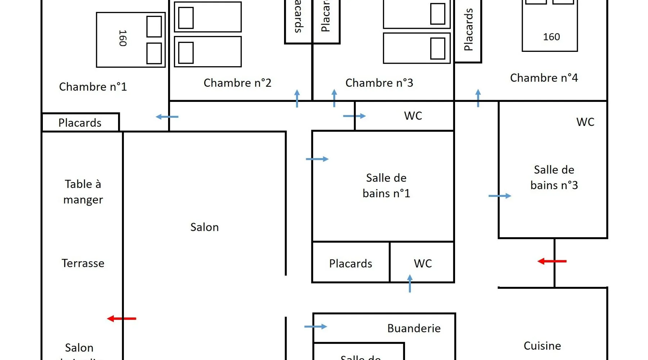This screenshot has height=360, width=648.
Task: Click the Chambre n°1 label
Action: [93, 87]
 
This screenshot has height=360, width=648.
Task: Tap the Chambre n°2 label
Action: [237, 83]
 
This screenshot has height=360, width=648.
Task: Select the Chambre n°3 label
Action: [379, 83]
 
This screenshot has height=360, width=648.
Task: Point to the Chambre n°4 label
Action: [544, 78]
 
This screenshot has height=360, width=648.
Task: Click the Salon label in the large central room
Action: [204, 227]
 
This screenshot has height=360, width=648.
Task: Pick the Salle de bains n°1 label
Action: [386, 186]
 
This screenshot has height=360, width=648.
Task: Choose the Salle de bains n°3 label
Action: [554, 177]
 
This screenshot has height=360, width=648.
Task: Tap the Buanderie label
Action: [414, 328]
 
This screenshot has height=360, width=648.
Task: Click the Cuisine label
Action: [542, 346]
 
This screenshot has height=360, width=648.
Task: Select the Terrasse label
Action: [83, 263]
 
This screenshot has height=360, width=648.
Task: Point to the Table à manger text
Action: [83, 192]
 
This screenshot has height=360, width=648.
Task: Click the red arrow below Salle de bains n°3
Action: [552, 261]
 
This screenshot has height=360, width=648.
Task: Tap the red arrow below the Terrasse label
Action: [122, 319]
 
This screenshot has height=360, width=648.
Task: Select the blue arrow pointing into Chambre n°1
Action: [167, 117]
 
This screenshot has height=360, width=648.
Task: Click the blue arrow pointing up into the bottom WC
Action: [410, 283]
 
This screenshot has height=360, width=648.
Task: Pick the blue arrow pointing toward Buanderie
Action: [315, 327]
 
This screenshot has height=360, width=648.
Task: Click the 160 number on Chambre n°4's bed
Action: [551, 37]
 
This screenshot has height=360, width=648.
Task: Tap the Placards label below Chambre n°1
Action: [80, 123]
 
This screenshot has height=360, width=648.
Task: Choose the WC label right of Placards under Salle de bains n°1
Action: [423, 264]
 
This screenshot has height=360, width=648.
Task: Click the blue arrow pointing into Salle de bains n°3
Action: [500, 196]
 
